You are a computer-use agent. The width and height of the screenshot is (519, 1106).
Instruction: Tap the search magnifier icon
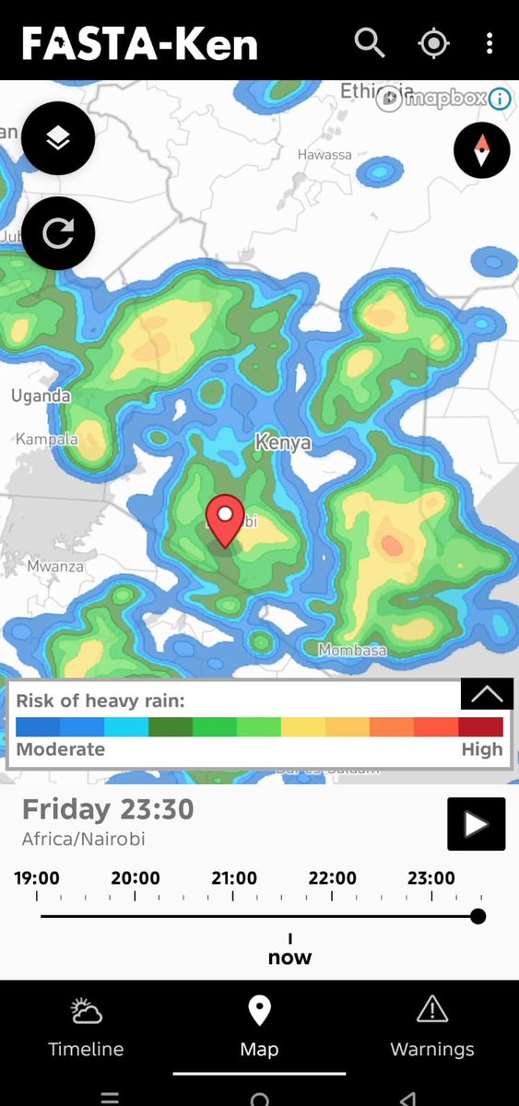click(370, 42)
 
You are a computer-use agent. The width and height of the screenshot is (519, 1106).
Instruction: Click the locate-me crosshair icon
click(432, 43)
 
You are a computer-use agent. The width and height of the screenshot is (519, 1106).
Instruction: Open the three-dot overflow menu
click(490, 42)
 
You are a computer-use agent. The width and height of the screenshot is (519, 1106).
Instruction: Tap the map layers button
click(58, 138)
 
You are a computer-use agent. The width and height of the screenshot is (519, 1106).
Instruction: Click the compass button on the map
click(481, 150)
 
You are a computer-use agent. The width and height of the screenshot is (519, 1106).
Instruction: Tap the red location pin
click(224, 520)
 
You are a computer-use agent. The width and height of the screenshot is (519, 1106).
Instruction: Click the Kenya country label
click(283, 443)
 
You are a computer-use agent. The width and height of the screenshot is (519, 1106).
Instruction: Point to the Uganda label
click(41, 396)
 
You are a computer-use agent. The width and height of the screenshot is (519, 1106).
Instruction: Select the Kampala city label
click(47, 439)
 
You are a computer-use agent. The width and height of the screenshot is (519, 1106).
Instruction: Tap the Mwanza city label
click(55, 566)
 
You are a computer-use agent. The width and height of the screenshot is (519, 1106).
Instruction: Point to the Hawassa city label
click(324, 155)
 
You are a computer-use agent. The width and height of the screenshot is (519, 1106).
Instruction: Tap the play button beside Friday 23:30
click(476, 823)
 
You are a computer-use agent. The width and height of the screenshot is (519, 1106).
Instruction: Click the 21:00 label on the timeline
click(234, 878)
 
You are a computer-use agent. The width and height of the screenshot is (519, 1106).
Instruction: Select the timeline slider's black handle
click(478, 916)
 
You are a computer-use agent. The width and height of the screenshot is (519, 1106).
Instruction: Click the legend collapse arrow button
click(486, 695)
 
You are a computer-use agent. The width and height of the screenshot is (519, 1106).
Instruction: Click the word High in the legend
click(482, 749)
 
